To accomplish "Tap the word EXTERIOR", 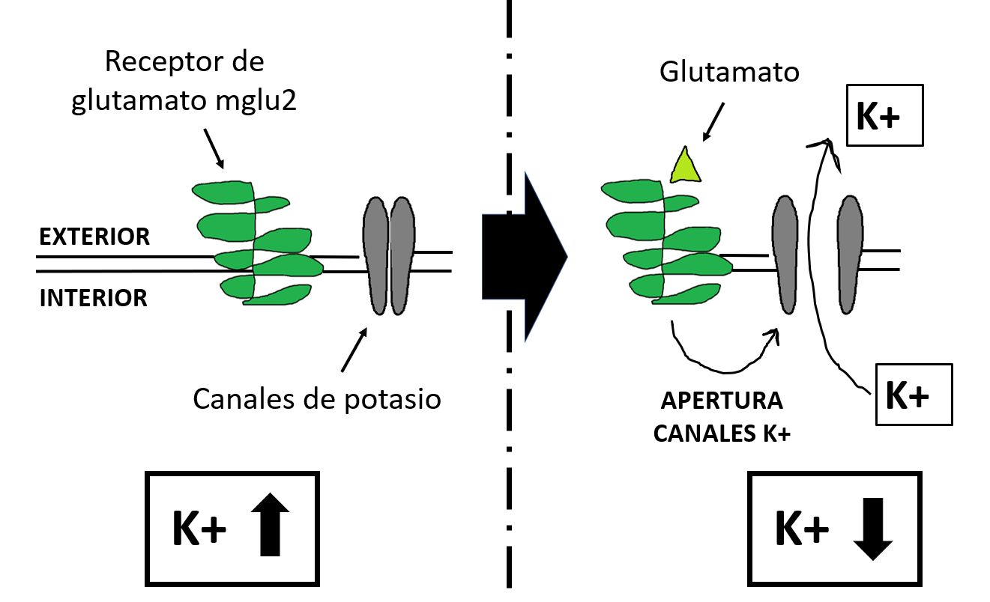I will coord(94,237).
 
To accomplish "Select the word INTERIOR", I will coord(94,298).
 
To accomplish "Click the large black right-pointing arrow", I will coord(524,257).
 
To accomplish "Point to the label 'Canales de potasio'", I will coord(317,398).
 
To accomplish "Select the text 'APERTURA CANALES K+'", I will coord(722,417).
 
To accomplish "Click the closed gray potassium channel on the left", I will coord(389,255).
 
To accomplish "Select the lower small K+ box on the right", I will coord(913,395).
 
